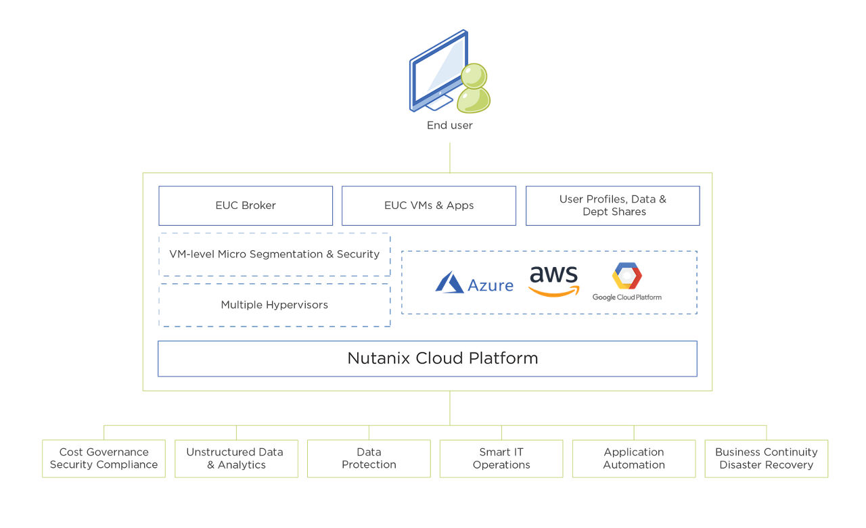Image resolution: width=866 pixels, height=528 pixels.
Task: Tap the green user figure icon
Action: pyautogui.click(x=473, y=89)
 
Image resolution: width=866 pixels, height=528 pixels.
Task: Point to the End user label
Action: pyautogui.click(x=449, y=125)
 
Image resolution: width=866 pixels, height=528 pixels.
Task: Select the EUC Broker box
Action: pyautogui.click(x=246, y=206)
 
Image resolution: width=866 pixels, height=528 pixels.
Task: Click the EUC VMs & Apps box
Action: pyautogui.click(x=429, y=206)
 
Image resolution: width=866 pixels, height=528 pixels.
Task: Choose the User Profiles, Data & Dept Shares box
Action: pyautogui.click(x=612, y=206)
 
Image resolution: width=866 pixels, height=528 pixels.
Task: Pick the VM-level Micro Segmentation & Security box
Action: pyautogui.click(x=274, y=254)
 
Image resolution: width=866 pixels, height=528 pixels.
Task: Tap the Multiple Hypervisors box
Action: pyautogui.click(x=274, y=305)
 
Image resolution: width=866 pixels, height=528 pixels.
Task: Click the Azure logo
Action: pyautogui.click(x=474, y=283)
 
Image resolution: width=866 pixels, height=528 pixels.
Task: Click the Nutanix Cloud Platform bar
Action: pyautogui.click(x=427, y=358)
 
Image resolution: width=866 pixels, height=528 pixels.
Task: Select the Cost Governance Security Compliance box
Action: pyautogui.click(x=104, y=458)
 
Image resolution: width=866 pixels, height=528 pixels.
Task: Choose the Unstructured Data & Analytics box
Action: pyautogui.click(x=236, y=458)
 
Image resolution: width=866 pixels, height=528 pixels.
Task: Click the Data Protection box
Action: pyautogui.click(x=369, y=458)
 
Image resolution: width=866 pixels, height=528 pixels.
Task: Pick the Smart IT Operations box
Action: pyautogui.click(x=501, y=458)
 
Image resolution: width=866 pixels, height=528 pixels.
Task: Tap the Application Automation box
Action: pyautogui.click(x=634, y=458)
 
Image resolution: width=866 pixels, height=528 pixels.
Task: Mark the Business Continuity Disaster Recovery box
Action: pyautogui.click(x=767, y=458)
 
